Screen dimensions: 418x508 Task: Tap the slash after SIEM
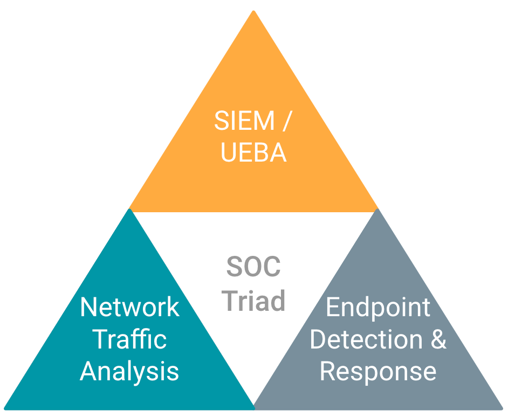click(285, 122)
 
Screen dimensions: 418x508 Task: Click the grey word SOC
click(253, 267)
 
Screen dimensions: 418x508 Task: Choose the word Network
click(129, 308)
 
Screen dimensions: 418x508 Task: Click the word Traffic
click(129, 339)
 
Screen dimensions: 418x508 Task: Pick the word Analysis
click(129, 372)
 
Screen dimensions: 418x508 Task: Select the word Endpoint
click(378, 308)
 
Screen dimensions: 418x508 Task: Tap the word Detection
click(367, 339)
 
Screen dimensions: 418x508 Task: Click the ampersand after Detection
click(439, 339)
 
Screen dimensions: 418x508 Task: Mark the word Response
click(378, 372)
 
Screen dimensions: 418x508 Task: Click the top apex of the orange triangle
click(253, 12)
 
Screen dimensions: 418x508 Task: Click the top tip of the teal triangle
click(129, 210)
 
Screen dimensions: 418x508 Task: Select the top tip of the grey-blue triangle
click(377, 210)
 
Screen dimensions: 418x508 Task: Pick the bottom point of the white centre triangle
click(253, 405)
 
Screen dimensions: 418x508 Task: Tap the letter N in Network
click(88, 308)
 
